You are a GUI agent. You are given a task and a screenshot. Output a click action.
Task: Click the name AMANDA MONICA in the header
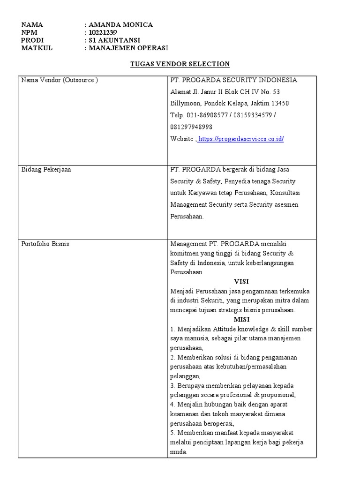point(120,25)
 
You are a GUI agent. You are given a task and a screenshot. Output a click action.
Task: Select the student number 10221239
point(103,32)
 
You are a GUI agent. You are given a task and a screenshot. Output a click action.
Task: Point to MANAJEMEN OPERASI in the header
point(128,48)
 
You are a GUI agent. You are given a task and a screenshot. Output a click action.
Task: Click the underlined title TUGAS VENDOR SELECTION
point(180,64)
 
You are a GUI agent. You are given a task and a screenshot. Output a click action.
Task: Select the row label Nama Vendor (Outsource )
point(60,80)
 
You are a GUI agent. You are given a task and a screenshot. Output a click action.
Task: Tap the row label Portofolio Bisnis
point(45,244)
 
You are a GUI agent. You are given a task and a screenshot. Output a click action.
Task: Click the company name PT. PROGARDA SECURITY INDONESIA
point(233,80)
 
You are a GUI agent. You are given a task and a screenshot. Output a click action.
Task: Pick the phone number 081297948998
point(191,127)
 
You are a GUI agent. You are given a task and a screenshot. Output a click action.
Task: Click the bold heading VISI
point(241,282)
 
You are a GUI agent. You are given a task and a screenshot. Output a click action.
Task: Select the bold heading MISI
point(241,320)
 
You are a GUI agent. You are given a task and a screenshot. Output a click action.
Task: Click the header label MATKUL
point(37,48)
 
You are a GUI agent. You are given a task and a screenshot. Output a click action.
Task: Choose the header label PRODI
point(32,40)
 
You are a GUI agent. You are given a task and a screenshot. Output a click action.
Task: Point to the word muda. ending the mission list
point(179,452)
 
